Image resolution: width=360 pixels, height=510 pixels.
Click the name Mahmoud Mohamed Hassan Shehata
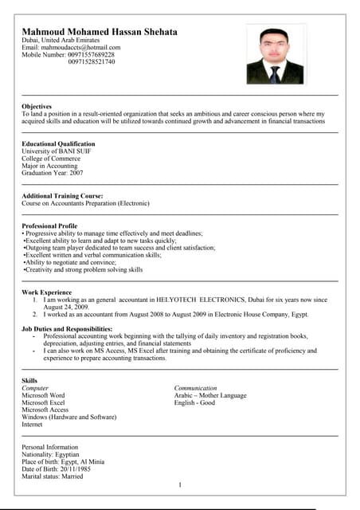click(x=100, y=32)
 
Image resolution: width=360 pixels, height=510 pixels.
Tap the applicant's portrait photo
click(x=275, y=53)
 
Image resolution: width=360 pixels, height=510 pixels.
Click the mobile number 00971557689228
click(x=92, y=54)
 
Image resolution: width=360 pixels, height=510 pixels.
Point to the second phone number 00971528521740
click(x=92, y=61)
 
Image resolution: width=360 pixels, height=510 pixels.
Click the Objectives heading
click(x=37, y=106)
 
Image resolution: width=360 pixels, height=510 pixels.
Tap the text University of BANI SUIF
click(x=57, y=151)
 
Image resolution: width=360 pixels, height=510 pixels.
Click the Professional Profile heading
click(x=49, y=226)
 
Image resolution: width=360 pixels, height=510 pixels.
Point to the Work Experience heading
click(x=46, y=292)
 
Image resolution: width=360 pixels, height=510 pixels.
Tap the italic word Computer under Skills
click(x=35, y=388)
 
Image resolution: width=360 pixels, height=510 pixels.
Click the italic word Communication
click(x=195, y=388)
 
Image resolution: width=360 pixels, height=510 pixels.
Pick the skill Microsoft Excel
click(x=43, y=403)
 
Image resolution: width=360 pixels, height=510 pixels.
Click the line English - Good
click(x=194, y=403)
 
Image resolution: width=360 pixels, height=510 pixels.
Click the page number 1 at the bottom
click(x=180, y=484)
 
